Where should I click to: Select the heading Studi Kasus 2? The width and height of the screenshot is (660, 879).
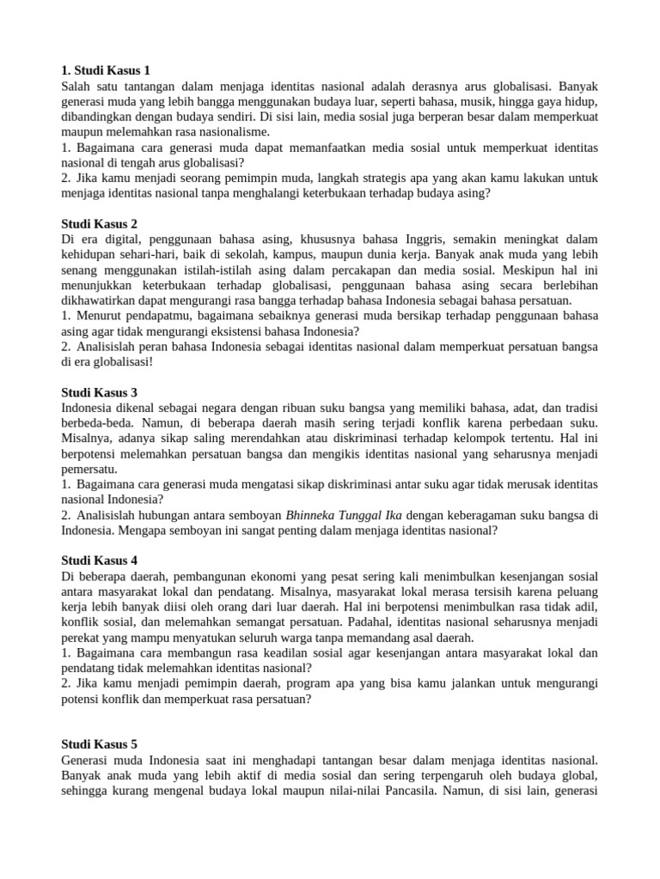coord(100,224)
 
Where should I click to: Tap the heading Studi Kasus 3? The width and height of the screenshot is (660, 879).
coord(100,391)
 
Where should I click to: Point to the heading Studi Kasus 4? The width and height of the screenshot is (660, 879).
coord(100,560)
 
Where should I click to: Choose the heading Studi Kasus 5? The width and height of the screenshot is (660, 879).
coord(100,743)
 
